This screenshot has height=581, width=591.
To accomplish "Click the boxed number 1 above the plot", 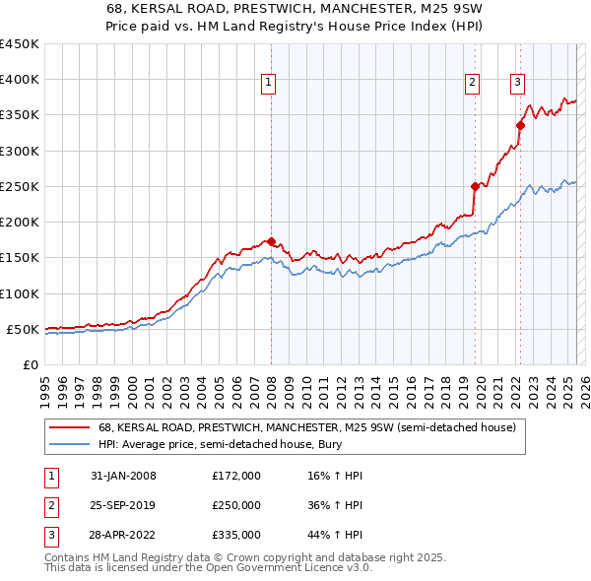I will point(269,84).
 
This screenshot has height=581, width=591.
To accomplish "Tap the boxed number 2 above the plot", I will point(473,84).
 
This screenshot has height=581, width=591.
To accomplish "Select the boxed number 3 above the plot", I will point(517,84).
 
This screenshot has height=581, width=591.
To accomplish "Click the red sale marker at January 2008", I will point(271,241).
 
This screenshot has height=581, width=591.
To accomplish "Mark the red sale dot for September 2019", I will point(475,186).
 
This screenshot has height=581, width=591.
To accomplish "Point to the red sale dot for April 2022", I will point(520,125).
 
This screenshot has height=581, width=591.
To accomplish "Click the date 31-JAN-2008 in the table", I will point(122,476).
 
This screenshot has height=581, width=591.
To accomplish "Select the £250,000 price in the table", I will point(236,505).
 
